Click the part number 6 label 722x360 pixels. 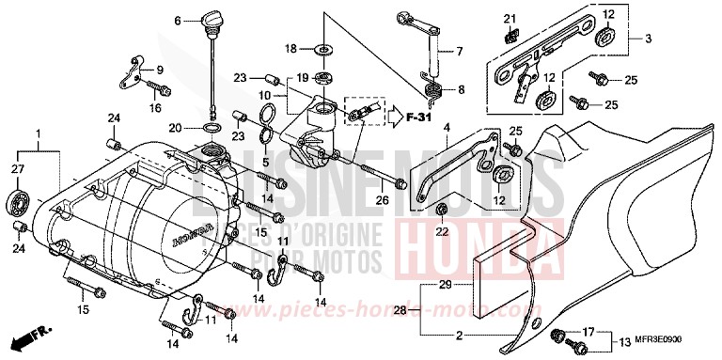tap(177, 20)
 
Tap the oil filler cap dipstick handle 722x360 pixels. tap(211, 19)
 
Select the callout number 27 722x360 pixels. tap(16, 168)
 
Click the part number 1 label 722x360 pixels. tap(39, 134)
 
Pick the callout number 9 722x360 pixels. tap(160, 70)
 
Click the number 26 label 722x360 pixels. tap(384, 200)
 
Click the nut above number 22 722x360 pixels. tap(443, 209)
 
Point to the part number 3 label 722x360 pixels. tap(649, 39)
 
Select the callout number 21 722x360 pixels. tap(509, 20)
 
